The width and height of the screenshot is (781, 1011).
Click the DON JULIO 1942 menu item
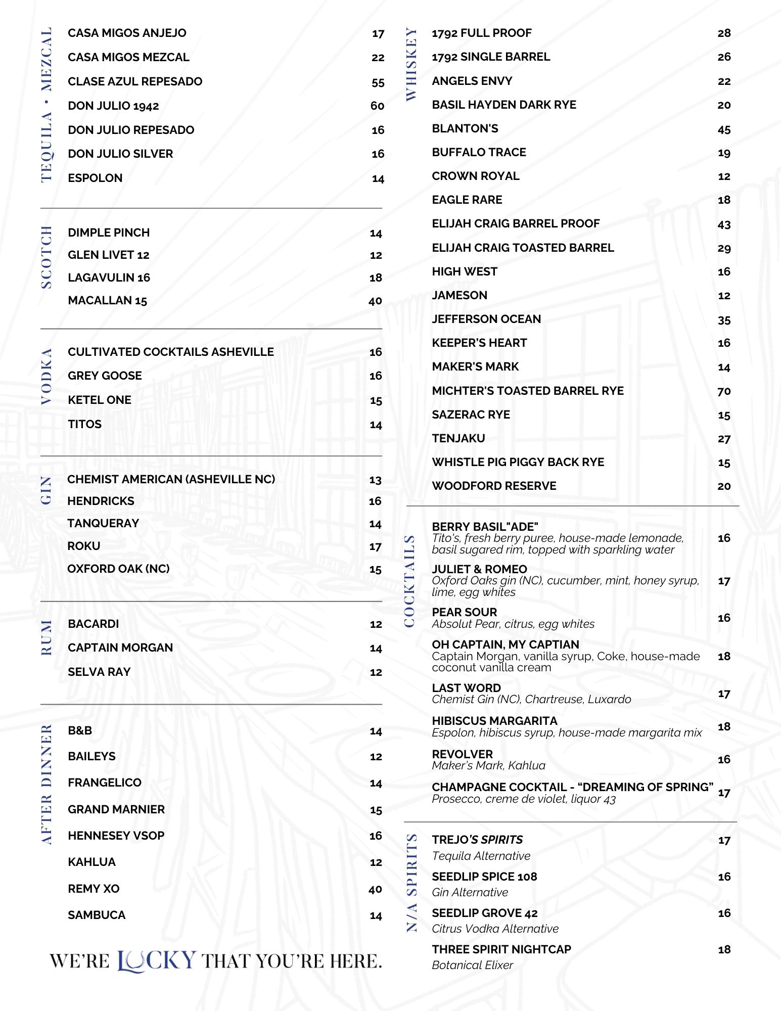113,106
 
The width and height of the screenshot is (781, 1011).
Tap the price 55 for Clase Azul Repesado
378,82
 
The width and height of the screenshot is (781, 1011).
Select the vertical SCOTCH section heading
47,257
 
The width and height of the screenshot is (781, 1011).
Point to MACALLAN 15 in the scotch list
107,300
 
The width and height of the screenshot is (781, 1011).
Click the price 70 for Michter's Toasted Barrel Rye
724,391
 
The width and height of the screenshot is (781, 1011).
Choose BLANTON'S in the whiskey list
465,128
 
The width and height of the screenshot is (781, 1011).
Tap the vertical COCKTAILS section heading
410,581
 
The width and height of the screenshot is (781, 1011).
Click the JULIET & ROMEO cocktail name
479,569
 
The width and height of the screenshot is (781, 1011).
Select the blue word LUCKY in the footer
156,960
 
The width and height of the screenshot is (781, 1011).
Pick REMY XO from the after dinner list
94,889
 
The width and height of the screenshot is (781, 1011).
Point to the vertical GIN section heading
47,490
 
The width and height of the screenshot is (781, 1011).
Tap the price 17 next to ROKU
375,546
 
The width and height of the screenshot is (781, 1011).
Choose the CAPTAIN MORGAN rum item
120,648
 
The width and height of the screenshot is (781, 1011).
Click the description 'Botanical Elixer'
472,965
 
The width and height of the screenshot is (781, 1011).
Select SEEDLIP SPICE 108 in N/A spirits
484,877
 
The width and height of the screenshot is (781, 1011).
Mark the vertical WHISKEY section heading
411,64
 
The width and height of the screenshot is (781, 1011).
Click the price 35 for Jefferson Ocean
724,320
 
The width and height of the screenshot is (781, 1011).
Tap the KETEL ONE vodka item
100,400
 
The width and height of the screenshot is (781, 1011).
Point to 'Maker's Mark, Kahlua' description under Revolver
488,765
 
